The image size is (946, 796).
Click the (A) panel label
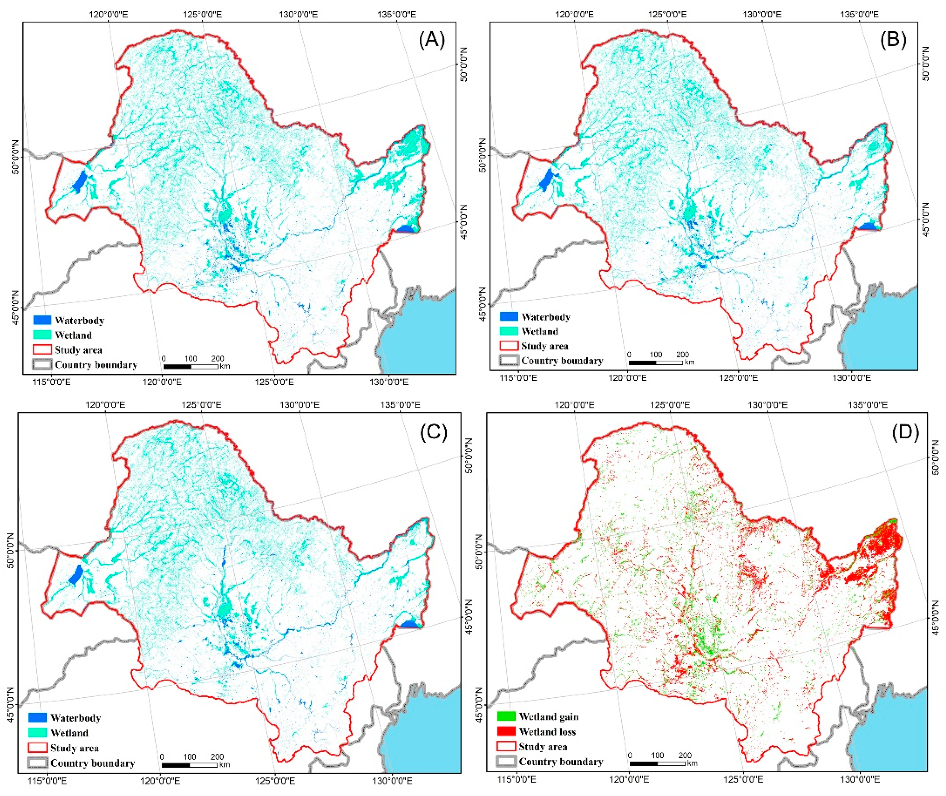(432, 41)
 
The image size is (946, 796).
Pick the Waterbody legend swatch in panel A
(42, 320)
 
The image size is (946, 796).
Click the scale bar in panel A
(190, 366)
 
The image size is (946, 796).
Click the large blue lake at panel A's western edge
(80, 181)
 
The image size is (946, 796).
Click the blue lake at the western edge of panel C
(75, 575)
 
